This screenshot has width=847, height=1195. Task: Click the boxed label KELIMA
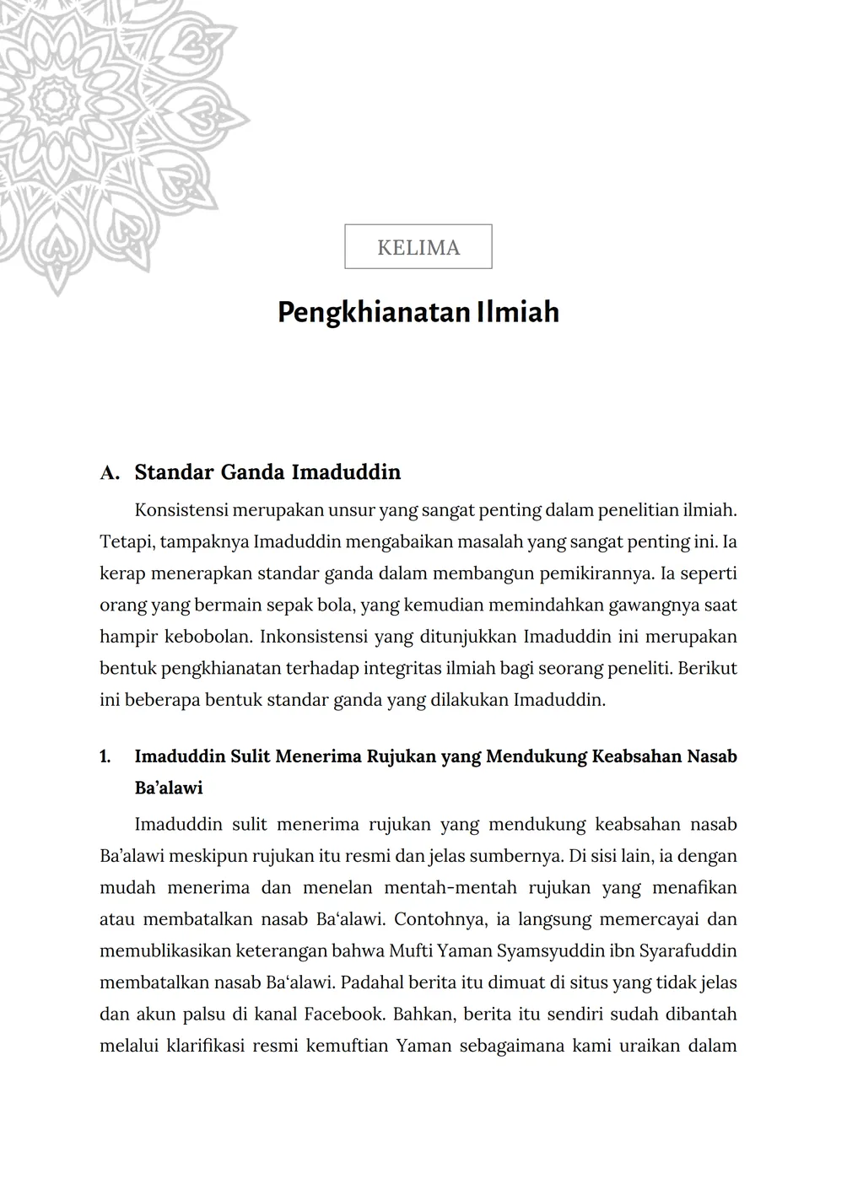tap(418, 247)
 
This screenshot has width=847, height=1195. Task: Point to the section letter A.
tap(110, 472)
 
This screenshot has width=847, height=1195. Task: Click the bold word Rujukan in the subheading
tap(397, 756)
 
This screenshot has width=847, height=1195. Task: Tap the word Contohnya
tap(438, 919)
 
